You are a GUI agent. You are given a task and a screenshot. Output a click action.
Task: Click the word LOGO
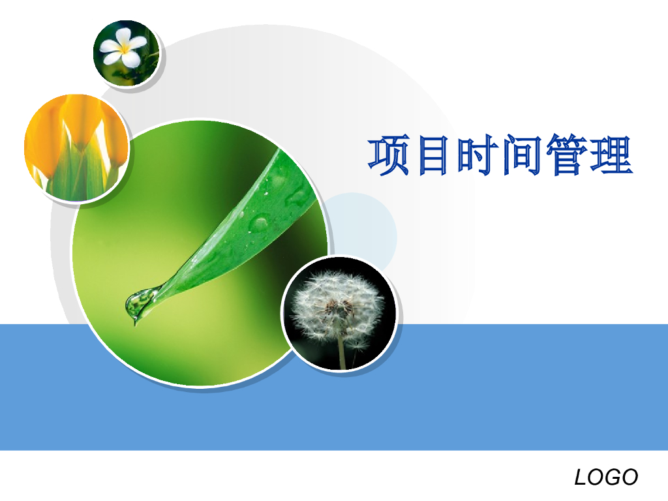point(606,478)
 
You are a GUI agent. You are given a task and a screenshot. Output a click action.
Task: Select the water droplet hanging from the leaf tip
point(138,305)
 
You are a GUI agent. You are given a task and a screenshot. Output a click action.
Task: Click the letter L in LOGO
point(581,478)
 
